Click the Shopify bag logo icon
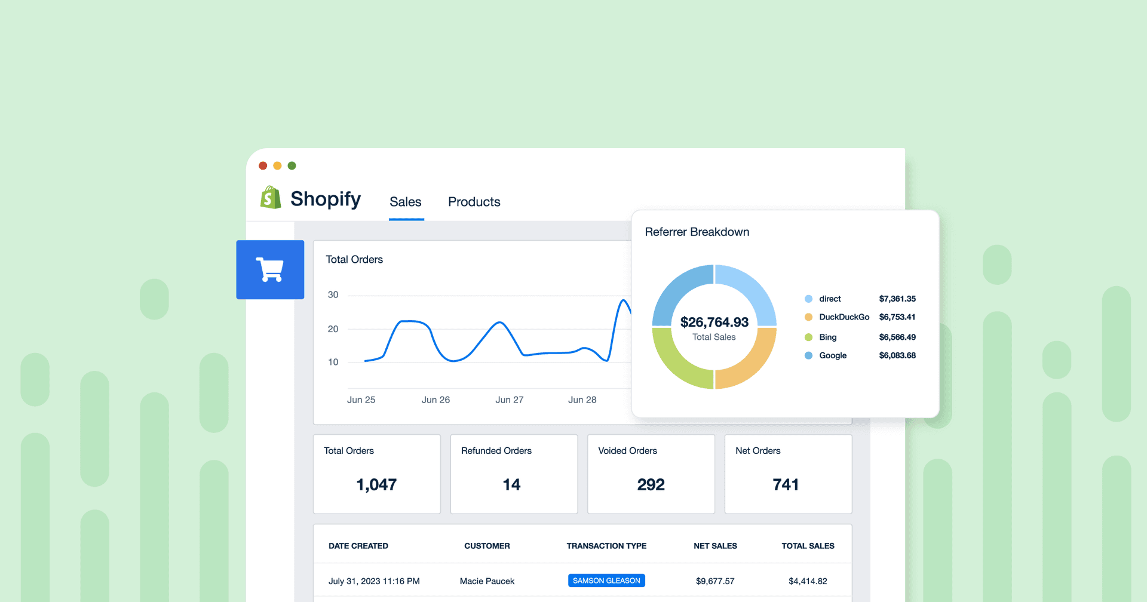point(271,198)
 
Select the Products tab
point(474,202)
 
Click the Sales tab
point(406,202)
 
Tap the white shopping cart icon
point(270,269)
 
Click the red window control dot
point(263,165)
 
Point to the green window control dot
point(292,165)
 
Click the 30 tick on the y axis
point(333,295)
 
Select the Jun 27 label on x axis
point(509,400)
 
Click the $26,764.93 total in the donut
point(714,322)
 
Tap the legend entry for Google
point(832,355)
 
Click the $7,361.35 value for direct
point(897,299)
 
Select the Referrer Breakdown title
point(697,232)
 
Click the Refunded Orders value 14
point(511,484)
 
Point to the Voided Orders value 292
point(651,484)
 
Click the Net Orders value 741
point(786,484)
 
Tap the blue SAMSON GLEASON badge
point(606,580)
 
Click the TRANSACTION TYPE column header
point(606,546)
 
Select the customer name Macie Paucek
point(487,581)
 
